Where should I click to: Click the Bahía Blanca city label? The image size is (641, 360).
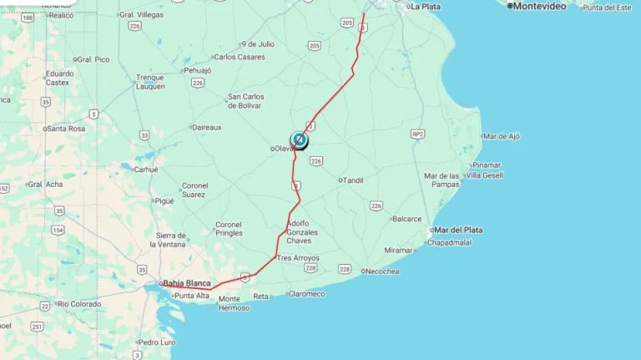(187, 283)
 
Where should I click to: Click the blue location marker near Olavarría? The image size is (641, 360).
(299, 139)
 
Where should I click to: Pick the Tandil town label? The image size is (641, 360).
(353, 180)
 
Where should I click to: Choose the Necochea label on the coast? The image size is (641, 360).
(382, 271)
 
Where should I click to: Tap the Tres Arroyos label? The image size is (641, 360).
(298, 258)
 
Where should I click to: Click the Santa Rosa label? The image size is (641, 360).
(67, 129)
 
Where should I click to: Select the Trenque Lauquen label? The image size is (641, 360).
(150, 82)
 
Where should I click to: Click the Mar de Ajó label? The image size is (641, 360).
(502, 136)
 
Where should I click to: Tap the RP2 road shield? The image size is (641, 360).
(417, 134)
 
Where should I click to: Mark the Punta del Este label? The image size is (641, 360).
(607, 8)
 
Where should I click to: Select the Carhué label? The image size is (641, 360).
(145, 170)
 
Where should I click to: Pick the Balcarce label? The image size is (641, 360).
(407, 219)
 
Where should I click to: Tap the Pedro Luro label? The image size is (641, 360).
(157, 342)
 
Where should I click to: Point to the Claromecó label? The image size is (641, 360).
(307, 294)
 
